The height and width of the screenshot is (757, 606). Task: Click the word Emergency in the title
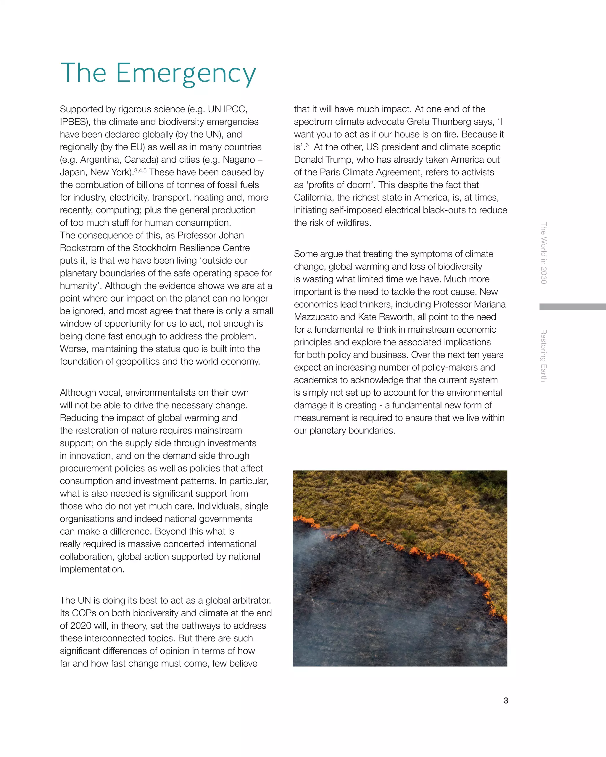point(186,73)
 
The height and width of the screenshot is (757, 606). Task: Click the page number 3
point(505,701)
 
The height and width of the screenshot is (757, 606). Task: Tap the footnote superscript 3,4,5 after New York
point(140,170)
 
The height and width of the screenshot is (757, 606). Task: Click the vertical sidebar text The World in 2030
point(544,253)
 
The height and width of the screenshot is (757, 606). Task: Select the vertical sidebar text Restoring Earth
point(544,355)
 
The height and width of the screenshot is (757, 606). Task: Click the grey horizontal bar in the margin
point(572,307)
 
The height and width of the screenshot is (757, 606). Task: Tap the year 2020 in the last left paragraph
point(81,626)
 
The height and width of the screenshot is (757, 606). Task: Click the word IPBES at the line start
point(73,122)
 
